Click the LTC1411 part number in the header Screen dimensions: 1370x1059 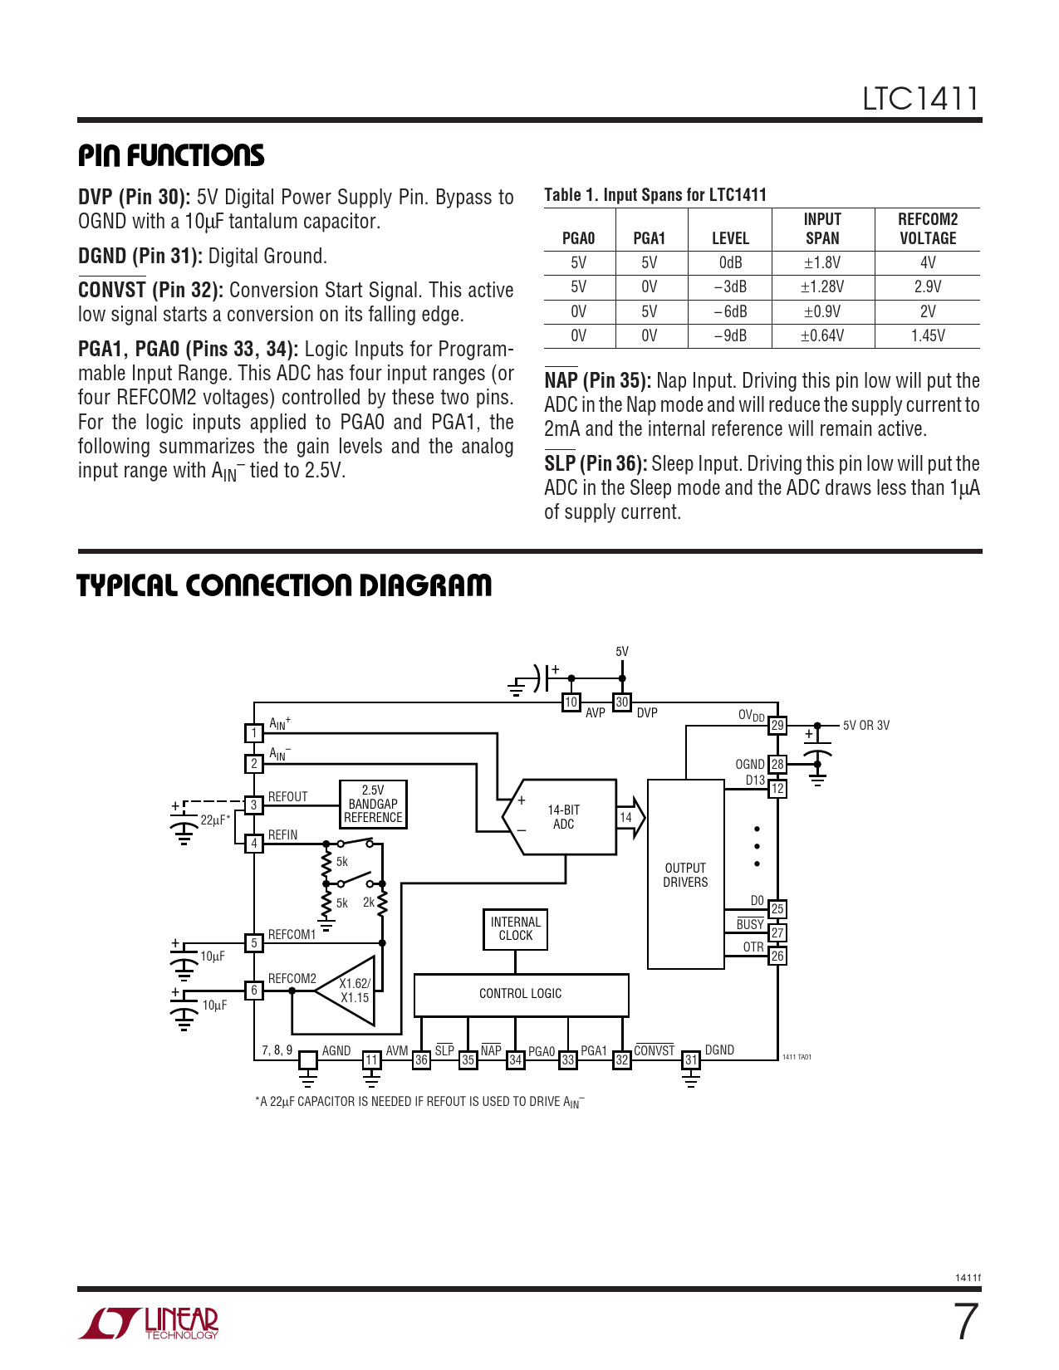[920, 99]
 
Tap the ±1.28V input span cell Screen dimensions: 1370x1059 [822, 287]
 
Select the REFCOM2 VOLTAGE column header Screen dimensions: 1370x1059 [928, 229]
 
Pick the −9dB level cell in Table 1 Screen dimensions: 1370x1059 [730, 336]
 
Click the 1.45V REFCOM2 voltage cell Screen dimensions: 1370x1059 [928, 336]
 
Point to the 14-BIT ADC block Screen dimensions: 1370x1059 [563, 817]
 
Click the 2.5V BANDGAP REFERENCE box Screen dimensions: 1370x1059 [373, 804]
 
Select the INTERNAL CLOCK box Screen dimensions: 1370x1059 [515, 929]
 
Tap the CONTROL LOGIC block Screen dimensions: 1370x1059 [521, 994]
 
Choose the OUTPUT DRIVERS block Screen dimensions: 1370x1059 [685, 875]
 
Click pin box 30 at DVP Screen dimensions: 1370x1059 [622, 702]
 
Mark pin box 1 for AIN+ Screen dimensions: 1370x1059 [254, 733]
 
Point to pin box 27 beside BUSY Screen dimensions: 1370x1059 [777, 933]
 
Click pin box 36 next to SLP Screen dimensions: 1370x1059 [421, 1060]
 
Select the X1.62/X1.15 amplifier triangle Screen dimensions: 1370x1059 [351, 991]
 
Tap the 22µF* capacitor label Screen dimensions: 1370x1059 [215, 820]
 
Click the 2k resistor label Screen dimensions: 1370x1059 [369, 903]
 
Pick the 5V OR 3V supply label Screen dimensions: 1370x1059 [865, 726]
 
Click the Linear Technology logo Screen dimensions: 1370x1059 [150, 1323]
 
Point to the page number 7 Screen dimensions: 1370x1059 [965, 1322]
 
